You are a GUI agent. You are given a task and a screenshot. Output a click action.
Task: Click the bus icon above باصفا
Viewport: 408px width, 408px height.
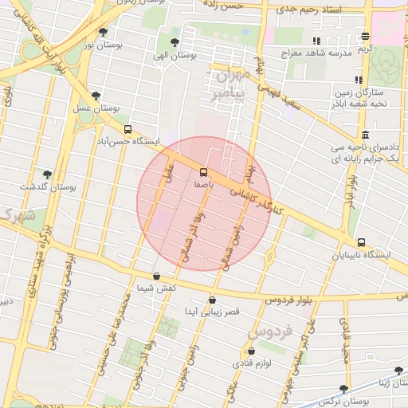(x=203, y=172)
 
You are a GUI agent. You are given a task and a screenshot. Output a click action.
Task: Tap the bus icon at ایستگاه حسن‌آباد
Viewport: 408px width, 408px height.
(x=127, y=129)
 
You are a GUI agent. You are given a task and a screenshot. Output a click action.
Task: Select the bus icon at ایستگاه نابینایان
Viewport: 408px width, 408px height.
(x=361, y=242)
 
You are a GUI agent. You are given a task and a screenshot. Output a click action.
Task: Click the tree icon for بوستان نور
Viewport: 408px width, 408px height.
(x=103, y=33)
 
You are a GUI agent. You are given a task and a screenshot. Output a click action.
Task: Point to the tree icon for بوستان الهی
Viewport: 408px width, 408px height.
(x=175, y=42)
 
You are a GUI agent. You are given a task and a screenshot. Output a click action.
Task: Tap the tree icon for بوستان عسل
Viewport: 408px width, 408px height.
(x=96, y=95)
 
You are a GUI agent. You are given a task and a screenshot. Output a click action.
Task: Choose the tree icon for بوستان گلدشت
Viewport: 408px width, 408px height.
(x=47, y=174)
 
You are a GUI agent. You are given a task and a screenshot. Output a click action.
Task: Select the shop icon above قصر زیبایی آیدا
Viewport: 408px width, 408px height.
(x=212, y=300)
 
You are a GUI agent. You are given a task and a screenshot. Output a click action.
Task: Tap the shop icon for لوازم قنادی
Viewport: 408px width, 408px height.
(x=252, y=351)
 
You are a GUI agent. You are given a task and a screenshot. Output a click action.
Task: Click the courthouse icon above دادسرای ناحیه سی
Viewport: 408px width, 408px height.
(x=365, y=135)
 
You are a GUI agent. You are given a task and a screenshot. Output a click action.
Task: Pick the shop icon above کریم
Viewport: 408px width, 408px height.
(x=365, y=36)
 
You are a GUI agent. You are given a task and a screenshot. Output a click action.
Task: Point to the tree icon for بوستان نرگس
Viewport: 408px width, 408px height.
(x=343, y=389)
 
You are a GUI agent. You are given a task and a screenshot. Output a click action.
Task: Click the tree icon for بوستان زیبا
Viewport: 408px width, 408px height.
(x=398, y=371)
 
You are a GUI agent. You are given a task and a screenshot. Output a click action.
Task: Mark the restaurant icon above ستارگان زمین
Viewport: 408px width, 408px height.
(x=359, y=80)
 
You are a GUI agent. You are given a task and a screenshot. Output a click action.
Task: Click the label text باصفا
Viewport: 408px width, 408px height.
(x=203, y=184)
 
